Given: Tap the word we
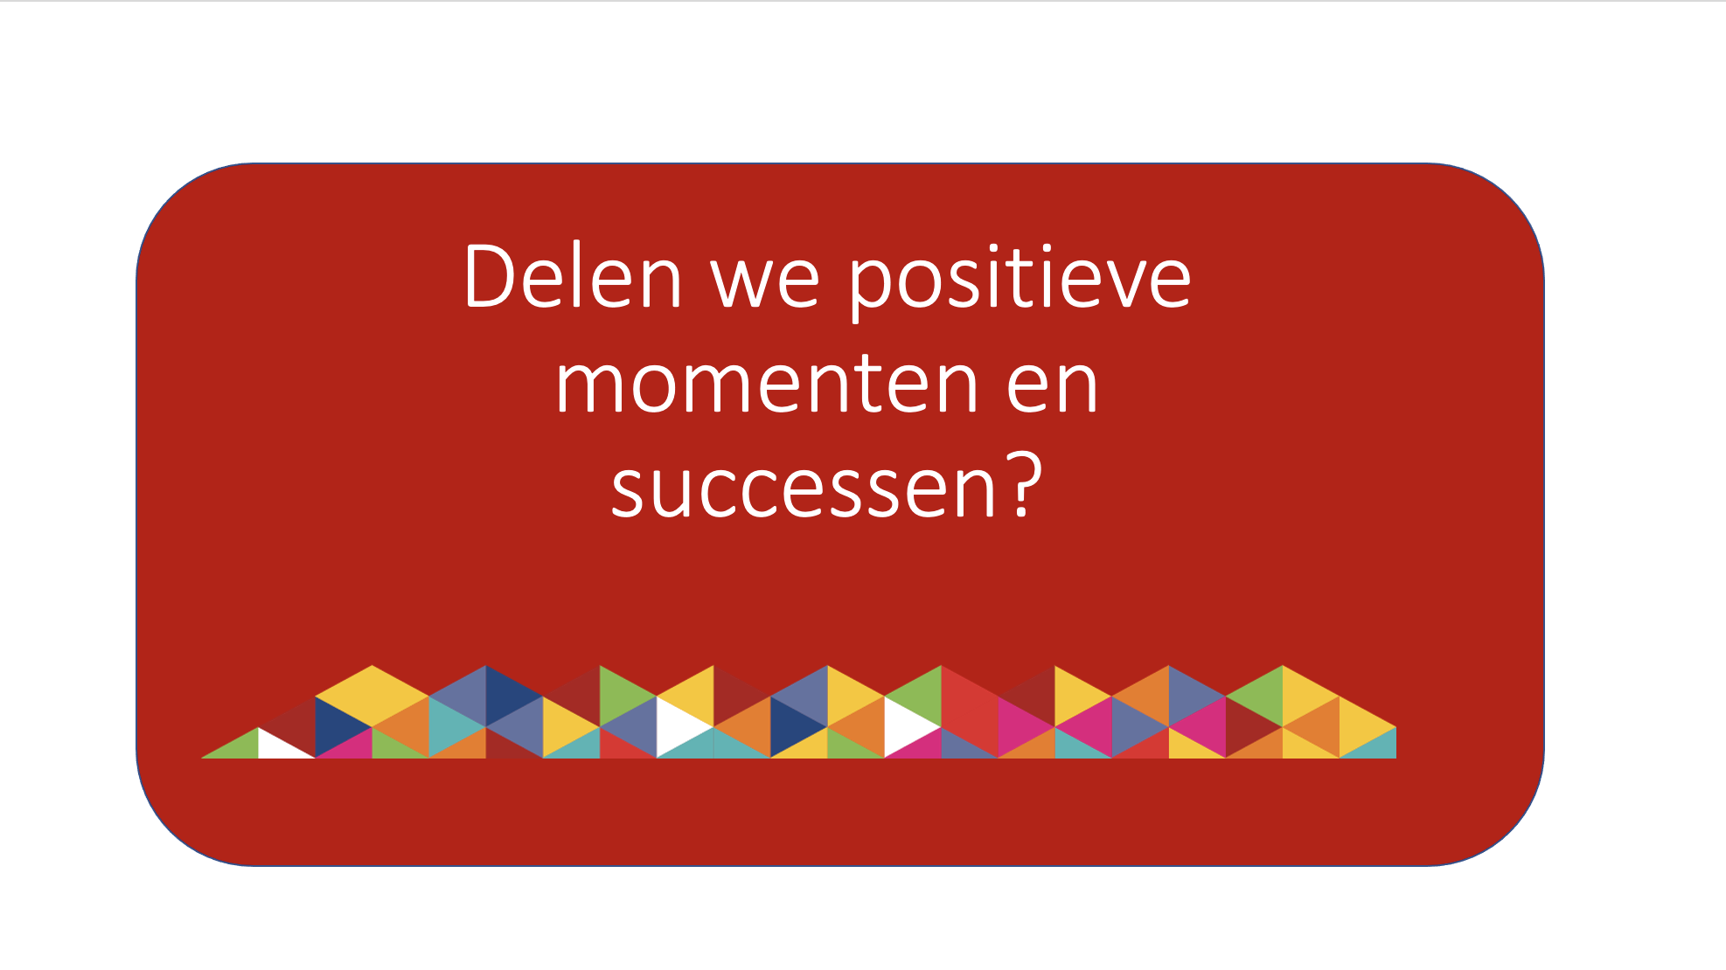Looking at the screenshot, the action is [766, 283].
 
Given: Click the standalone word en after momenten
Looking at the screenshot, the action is [1052, 385].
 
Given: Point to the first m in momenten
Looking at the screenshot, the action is [590, 386].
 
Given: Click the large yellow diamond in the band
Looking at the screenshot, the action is [372, 696].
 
